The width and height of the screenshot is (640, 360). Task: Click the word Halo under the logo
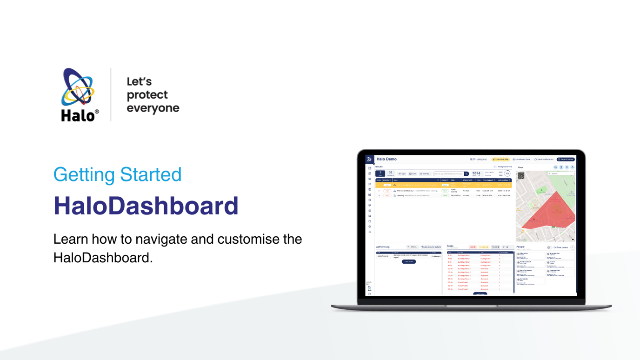[x=77, y=115]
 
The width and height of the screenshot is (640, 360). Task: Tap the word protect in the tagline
[x=147, y=95]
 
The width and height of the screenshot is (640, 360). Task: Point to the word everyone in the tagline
[x=153, y=108]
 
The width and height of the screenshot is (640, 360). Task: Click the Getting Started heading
[x=117, y=174]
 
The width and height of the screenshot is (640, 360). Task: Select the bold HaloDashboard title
[x=146, y=206]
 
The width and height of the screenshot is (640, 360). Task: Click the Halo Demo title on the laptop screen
[x=387, y=159]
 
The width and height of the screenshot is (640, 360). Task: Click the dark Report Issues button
[x=566, y=159]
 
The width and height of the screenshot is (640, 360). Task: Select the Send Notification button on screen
[x=544, y=159]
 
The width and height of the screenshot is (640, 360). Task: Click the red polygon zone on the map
[x=551, y=212]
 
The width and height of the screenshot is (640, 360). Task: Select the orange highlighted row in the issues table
[x=442, y=185]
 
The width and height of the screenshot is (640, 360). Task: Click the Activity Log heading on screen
[x=383, y=247]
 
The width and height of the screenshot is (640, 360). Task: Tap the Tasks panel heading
[x=450, y=246]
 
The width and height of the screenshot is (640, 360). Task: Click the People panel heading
[x=520, y=247]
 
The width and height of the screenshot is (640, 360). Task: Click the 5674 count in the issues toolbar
[x=476, y=173]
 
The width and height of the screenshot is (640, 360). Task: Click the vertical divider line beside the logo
[x=111, y=94]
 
